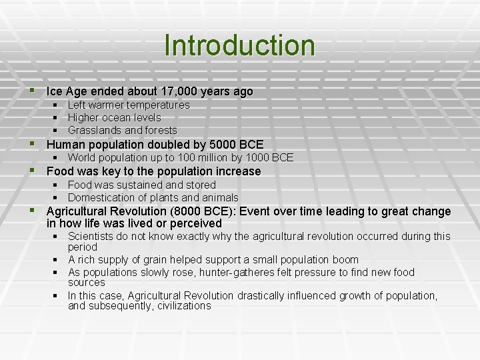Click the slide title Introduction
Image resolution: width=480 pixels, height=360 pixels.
pos(239,45)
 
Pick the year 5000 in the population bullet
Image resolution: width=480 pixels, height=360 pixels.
pos(223,145)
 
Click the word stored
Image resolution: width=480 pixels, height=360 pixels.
pos(200,185)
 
